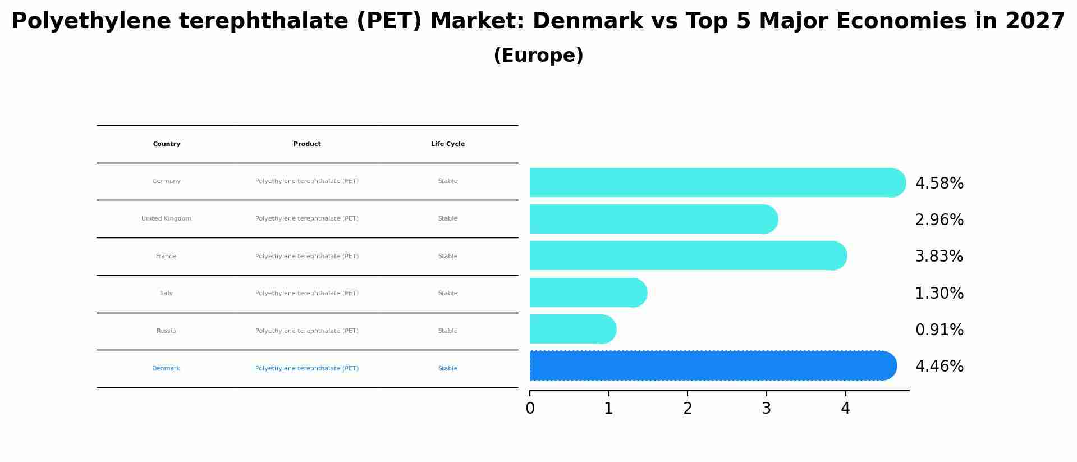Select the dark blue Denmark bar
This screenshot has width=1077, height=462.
[x=712, y=366]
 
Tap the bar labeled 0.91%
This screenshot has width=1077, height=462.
[x=571, y=329]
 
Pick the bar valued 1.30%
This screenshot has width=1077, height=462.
[x=587, y=292]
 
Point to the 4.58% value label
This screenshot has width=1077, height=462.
[x=939, y=184]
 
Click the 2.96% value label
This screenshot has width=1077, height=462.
[x=939, y=220]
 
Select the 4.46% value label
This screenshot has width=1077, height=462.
[x=939, y=367]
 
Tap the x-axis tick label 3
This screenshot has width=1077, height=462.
[x=766, y=409]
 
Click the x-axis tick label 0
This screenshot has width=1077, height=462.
[x=530, y=409]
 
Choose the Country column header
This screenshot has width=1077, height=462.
[x=167, y=144]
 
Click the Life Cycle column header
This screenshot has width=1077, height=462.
[x=447, y=144]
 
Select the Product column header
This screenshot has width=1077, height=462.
[x=307, y=144]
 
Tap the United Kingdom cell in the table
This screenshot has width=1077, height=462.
[x=166, y=219]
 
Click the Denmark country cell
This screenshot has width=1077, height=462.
[x=166, y=369]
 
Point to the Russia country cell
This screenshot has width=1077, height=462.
[x=166, y=331]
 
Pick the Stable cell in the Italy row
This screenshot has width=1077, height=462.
[x=447, y=294]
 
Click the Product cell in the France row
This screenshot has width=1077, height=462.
[x=307, y=257]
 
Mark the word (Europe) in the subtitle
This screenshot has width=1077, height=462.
[x=538, y=56]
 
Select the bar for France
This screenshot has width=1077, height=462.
[x=686, y=255]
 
